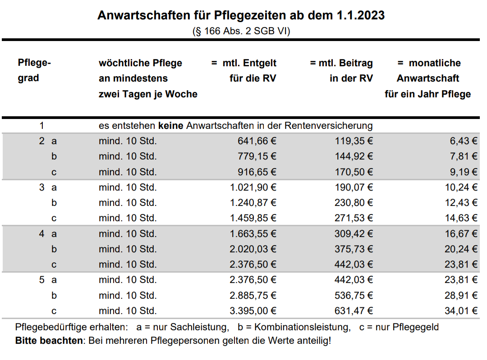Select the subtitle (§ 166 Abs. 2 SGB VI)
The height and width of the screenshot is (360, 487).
coord(241,31)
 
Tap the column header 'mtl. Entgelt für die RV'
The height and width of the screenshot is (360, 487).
coord(244,71)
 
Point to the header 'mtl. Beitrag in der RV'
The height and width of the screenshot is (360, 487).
coord(341,71)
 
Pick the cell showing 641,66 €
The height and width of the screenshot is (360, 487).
coord(257,141)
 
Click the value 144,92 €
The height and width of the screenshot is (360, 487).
coord(354,156)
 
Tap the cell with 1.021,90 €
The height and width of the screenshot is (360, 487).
coord(253,187)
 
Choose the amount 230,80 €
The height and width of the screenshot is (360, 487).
coord(354,203)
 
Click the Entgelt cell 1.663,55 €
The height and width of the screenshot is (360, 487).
coord(253,234)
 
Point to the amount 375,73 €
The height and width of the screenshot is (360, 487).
coord(354,249)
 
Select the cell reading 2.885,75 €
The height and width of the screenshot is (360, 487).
coord(253,296)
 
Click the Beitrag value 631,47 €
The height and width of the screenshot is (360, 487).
coord(354,311)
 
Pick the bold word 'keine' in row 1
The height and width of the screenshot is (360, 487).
coord(170,126)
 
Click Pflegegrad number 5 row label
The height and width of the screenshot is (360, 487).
coord(41,280)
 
